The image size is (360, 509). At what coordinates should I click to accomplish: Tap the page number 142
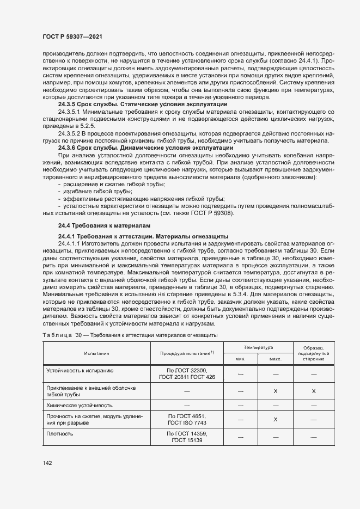click(47, 463)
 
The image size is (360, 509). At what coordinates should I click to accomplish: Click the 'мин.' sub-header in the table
click(241, 359)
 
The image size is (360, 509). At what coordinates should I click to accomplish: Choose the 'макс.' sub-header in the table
click(276, 359)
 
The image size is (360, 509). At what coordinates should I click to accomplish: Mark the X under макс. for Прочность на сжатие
click(276, 419)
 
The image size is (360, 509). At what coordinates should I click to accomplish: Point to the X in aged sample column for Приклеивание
click(314, 391)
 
